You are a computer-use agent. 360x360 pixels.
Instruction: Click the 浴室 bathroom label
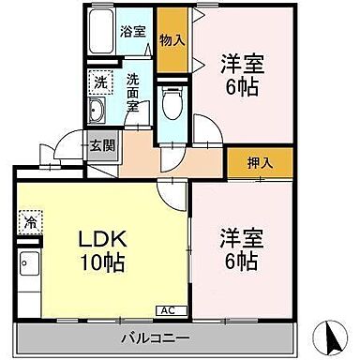pos(132,30)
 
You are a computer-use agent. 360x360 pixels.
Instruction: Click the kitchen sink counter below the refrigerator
pos(28,272)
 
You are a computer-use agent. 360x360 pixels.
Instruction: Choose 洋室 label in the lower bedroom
pos(240,238)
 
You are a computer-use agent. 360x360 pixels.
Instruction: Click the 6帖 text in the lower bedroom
pos(240,262)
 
